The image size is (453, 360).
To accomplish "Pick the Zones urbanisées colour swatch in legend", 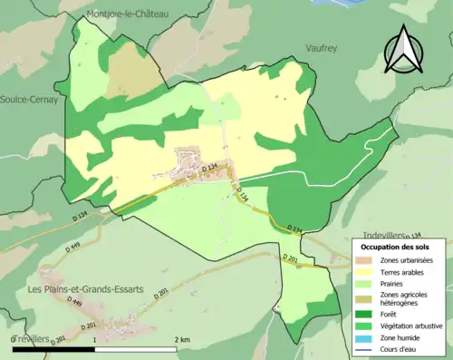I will coord(364,260).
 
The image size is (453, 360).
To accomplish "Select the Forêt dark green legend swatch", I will coord(364,315).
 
